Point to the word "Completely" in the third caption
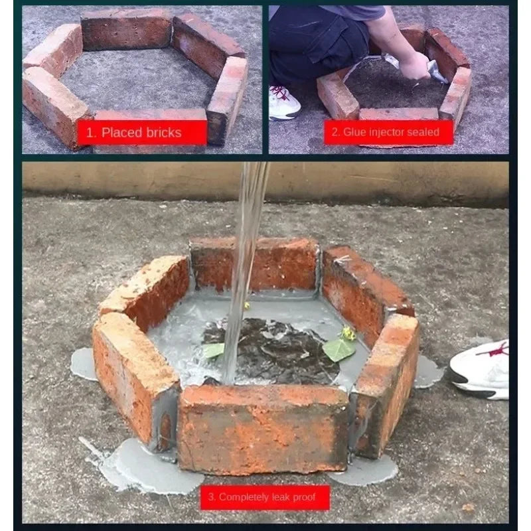click(242, 497)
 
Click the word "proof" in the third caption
click(303, 497)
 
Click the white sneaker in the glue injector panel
click(284, 103)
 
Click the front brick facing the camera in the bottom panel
click(263, 429)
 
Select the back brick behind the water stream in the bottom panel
click(255, 264)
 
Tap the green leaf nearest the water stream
click(213, 350)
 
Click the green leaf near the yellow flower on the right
click(339, 350)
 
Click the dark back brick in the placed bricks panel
click(127, 30)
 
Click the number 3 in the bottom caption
click(210, 496)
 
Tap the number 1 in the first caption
click(90, 132)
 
